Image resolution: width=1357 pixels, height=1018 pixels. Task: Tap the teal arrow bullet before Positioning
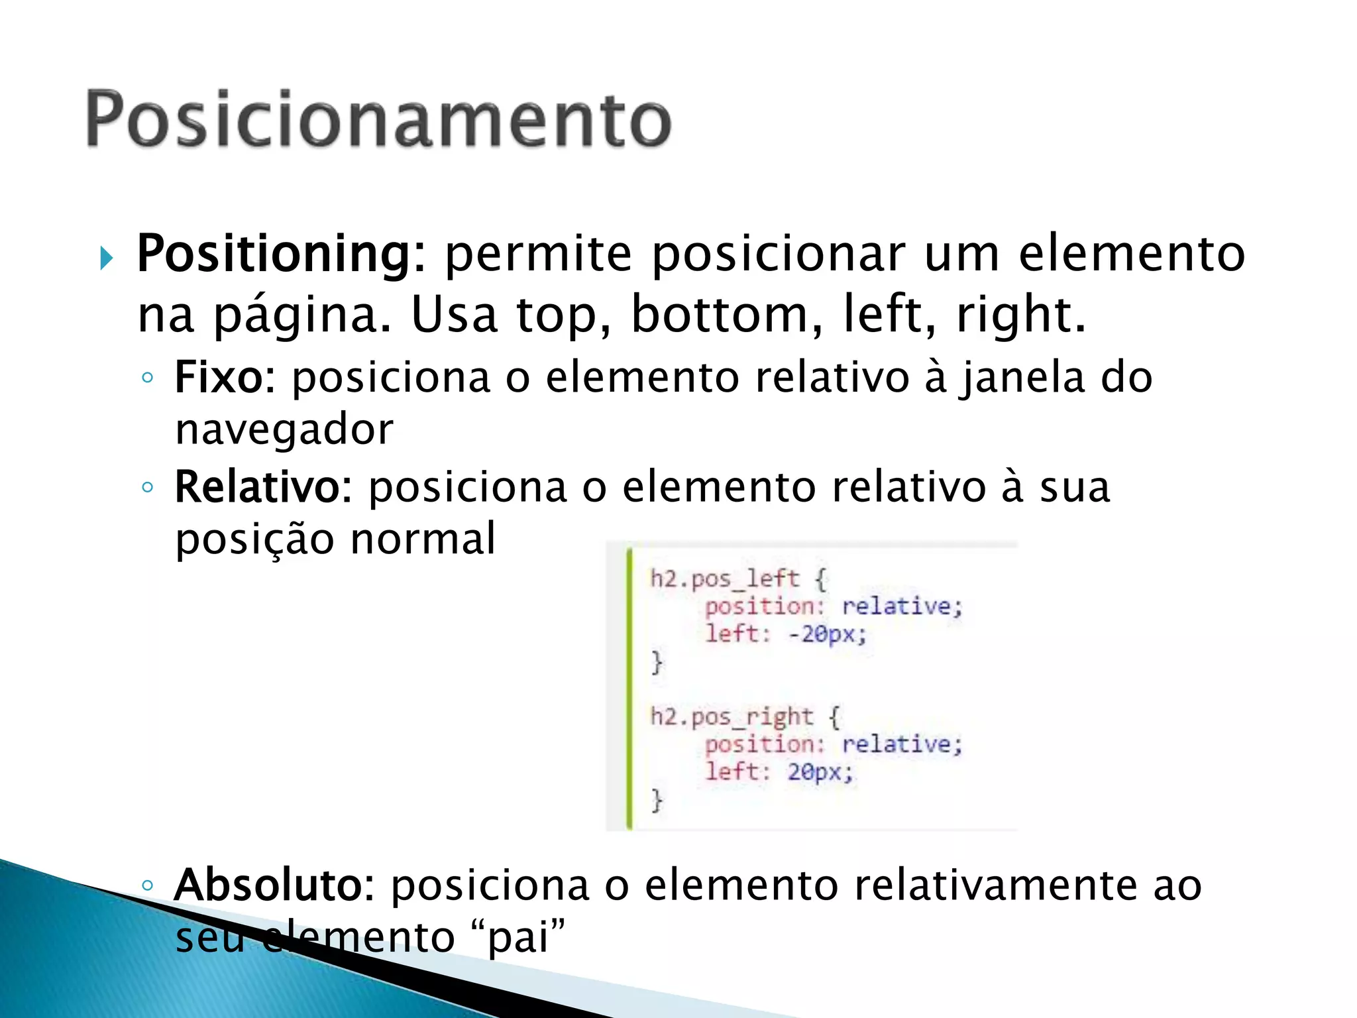[x=107, y=258]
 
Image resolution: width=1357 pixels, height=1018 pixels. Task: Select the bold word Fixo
[x=219, y=378]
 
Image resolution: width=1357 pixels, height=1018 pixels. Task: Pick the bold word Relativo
[x=257, y=487]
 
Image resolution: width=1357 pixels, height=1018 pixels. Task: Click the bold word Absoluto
[x=268, y=885]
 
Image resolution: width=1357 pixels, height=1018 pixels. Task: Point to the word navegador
[x=284, y=429]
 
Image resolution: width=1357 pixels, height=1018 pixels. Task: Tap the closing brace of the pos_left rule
[x=657, y=662]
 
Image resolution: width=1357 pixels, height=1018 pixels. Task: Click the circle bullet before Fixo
[x=148, y=378]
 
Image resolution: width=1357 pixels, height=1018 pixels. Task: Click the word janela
[x=1023, y=378]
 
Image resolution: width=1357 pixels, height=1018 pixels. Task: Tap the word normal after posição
[x=422, y=538]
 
